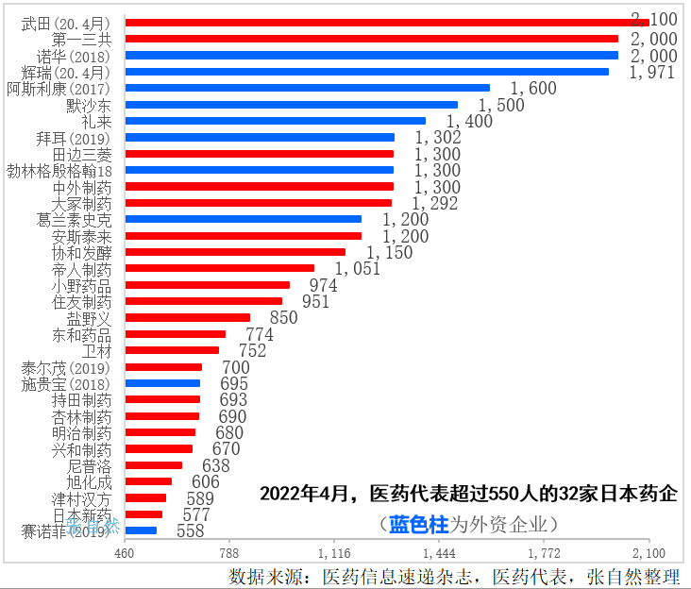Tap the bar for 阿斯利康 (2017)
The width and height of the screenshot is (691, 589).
(307, 88)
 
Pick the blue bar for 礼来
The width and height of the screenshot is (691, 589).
(275, 121)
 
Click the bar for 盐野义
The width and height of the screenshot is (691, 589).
(187, 317)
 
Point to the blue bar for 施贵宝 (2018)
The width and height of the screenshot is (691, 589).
(162, 383)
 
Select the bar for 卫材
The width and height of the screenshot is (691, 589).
(172, 350)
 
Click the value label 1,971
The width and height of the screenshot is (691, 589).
(652, 72)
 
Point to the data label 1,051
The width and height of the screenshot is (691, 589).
(357, 269)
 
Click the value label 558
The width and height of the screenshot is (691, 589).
(190, 531)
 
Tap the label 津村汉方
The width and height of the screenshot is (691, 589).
(81, 498)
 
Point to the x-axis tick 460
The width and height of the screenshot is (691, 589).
(124, 552)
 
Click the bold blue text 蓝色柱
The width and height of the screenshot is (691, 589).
(419, 524)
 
